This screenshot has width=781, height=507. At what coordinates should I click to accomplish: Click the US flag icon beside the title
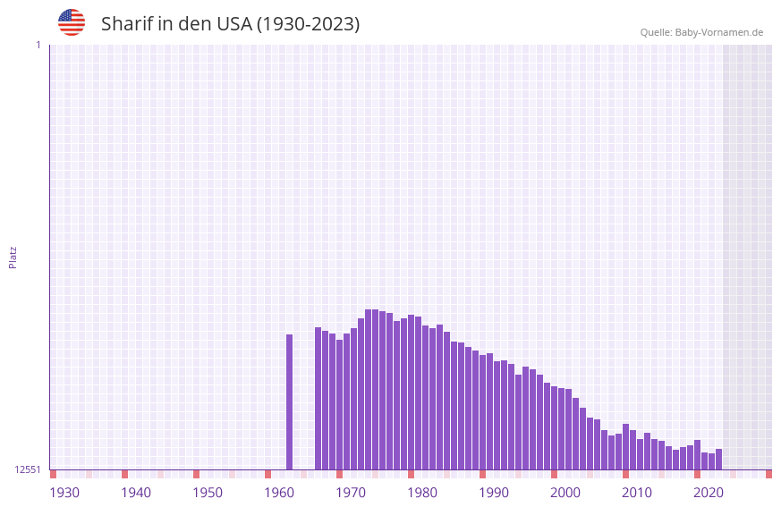[72, 22]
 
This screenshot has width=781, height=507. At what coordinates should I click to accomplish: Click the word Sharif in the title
[126, 24]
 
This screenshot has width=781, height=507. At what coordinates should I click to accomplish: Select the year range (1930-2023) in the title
[308, 24]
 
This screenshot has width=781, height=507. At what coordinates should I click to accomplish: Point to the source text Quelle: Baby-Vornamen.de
[701, 32]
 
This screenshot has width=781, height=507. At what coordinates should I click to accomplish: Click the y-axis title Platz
[13, 257]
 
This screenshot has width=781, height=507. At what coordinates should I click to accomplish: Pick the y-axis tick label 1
[38, 45]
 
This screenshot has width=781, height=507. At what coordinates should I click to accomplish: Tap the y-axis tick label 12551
[28, 469]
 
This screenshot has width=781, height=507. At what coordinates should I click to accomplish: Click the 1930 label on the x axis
[64, 493]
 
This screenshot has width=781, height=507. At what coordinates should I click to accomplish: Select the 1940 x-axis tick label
[136, 493]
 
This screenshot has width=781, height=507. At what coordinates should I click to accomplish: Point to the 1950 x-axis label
[208, 493]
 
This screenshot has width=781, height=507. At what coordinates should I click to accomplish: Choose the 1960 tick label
[279, 493]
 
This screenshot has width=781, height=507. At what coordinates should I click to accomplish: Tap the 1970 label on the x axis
[351, 493]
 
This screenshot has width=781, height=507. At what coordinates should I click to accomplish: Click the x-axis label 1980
[422, 493]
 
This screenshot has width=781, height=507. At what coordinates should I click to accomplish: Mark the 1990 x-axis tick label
[494, 493]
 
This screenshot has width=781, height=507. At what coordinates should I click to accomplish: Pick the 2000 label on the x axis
[565, 493]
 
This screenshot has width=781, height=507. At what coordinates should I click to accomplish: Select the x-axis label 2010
[637, 493]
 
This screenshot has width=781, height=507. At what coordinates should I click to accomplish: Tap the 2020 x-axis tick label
[709, 493]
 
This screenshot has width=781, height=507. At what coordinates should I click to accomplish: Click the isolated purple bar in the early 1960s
[289, 402]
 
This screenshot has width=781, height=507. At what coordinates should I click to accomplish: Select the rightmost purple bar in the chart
[718, 460]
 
